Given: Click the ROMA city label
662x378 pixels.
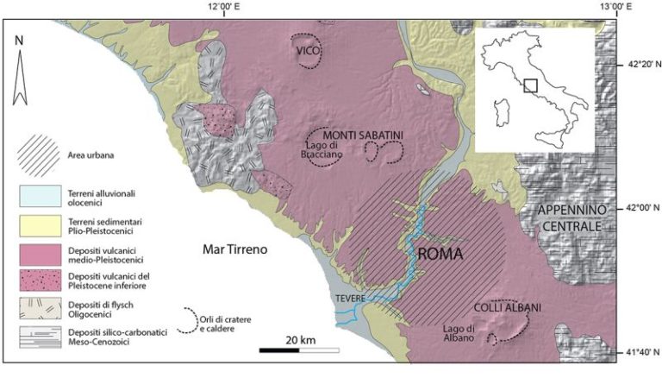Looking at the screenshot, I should point(440,255).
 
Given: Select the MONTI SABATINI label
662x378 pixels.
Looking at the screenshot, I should point(363,135).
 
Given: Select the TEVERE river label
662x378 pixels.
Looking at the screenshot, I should point(352,299).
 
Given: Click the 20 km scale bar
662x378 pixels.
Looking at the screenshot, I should point(298,350).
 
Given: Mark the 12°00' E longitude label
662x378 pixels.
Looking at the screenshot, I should point(223,8).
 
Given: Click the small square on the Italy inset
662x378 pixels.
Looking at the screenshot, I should point(531,85).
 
